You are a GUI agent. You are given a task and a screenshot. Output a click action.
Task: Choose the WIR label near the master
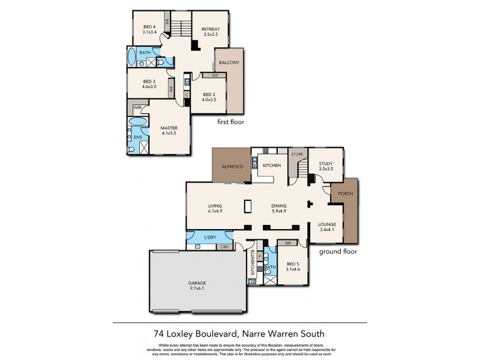(138, 107)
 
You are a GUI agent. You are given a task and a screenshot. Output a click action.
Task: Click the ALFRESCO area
(232, 166)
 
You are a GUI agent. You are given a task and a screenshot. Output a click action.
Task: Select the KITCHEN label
(272, 165)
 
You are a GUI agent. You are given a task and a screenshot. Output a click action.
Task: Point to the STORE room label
(298, 154)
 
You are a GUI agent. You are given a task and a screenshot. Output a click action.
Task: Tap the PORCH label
(346, 194)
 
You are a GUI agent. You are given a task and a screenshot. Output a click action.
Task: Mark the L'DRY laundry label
(210, 237)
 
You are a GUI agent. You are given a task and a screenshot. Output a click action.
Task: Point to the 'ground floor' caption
(338, 251)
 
